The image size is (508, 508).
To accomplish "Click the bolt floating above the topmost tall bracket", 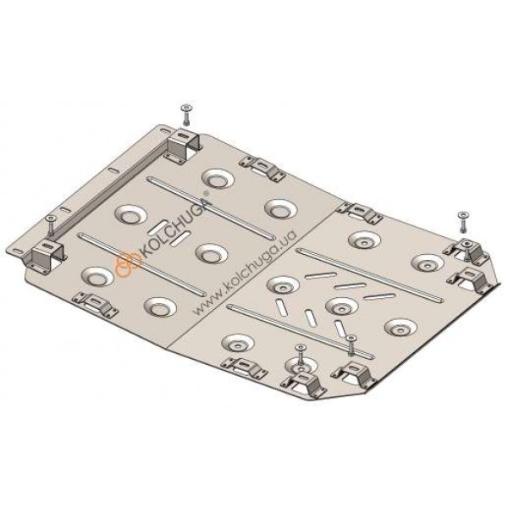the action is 187,114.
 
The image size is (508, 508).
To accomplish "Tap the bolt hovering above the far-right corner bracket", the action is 463,222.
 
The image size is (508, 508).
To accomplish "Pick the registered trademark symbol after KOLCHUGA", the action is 207,193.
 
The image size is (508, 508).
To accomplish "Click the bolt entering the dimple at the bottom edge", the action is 301,356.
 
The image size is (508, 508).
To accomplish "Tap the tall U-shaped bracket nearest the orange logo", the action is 46,254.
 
